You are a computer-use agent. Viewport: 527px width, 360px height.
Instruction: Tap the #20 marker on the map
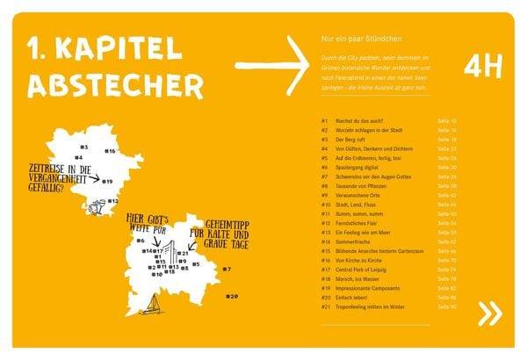231,296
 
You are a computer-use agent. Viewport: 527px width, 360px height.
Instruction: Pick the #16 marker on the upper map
110,151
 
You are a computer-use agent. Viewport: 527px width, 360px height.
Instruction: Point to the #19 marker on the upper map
106,181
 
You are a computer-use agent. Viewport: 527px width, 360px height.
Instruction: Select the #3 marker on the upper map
83,147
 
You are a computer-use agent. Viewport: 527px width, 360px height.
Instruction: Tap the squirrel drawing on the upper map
97,207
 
